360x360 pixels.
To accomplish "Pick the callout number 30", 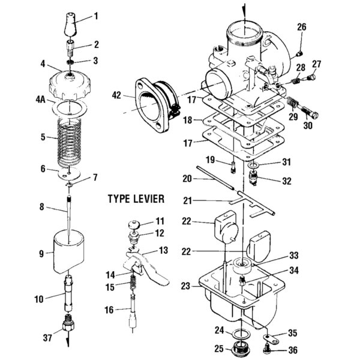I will click(308, 126).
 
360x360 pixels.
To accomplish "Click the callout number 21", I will click(188, 199).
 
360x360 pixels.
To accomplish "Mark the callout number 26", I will click(302, 26).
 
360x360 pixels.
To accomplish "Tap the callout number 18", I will click(188, 120).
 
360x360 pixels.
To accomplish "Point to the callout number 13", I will click(163, 250).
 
